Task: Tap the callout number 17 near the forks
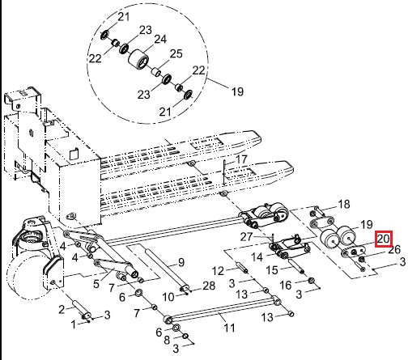[241, 161]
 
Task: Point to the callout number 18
[343, 204]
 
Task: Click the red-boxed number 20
[383, 239]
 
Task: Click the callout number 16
[284, 286]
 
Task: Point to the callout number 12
[217, 270]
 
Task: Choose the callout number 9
[181, 261]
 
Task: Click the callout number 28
[208, 286]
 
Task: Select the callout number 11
[229, 328]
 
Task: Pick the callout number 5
[95, 284]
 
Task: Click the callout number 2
[60, 309]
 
